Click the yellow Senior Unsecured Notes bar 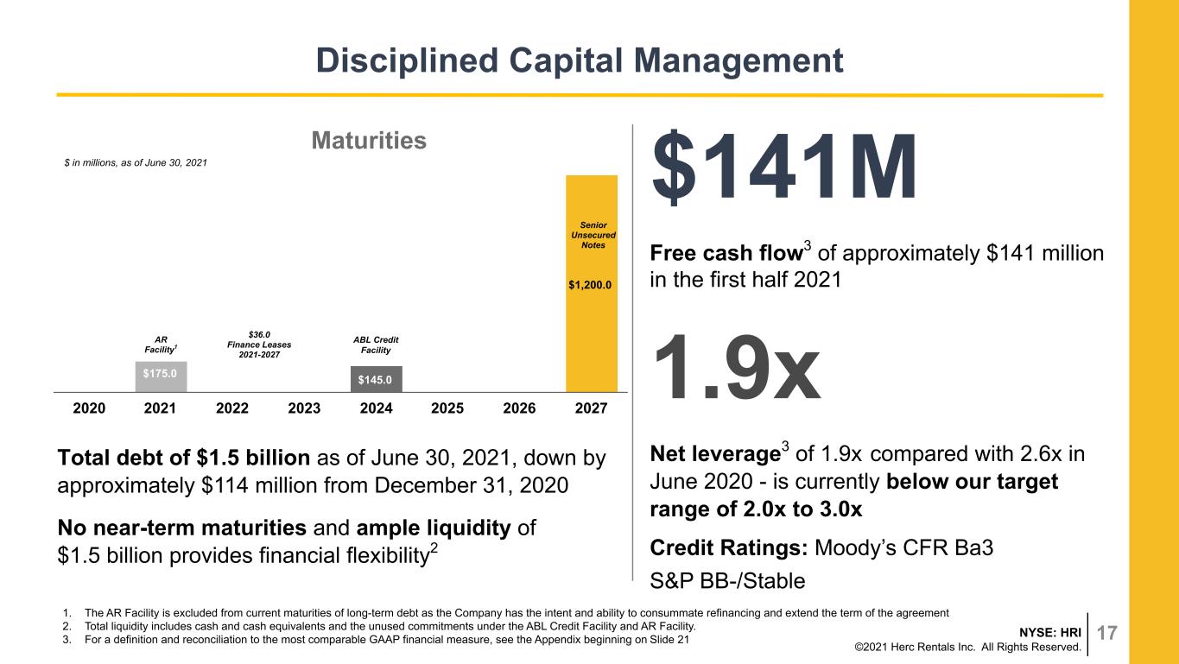[x=592, y=283]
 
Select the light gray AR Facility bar [x=161, y=376]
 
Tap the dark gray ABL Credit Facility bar [x=377, y=379]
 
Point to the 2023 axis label [x=304, y=408]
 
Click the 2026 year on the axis [x=519, y=408]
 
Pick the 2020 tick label [x=89, y=408]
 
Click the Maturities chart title [x=369, y=141]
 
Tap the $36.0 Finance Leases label [x=259, y=345]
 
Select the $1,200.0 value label [x=590, y=285]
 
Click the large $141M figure [x=784, y=168]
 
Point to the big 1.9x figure [x=737, y=368]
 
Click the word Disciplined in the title [x=407, y=60]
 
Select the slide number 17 [x=1106, y=633]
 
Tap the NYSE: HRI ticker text [x=1050, y=632]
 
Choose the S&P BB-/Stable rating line [x=727, y=581]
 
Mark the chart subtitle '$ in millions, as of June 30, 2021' [x=136, y=163]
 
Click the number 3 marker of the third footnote [x=67, y=640]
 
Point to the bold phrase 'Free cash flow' [x=726, y=253]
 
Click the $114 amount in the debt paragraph [x=225, y=485]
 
